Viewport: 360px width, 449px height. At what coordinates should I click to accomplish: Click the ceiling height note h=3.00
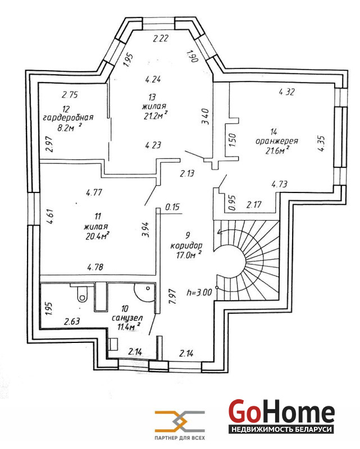[199, 292]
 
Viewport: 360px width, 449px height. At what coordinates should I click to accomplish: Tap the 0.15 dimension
[172, 208]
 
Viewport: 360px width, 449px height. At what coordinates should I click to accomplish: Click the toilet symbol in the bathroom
[80, 290]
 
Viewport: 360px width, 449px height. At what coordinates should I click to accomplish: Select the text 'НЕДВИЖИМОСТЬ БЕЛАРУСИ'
[281, 429]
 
